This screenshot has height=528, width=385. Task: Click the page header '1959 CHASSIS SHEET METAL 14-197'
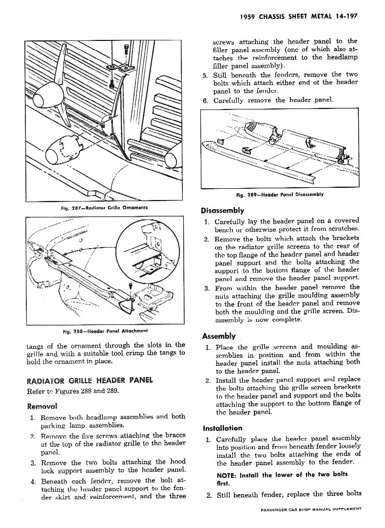click(x=300, y=16)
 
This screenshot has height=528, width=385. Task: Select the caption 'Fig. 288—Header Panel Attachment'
click(x=106, y=332)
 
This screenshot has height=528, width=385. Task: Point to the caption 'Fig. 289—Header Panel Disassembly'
click(x=280, y=195)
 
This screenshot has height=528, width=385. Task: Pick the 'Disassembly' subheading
click(x=222, y=211)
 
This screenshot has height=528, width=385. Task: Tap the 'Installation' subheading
click(x=222, y=428)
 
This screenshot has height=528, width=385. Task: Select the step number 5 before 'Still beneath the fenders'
click(x=206, y=75)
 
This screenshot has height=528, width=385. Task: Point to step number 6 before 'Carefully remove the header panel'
click(x=206, y=100)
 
